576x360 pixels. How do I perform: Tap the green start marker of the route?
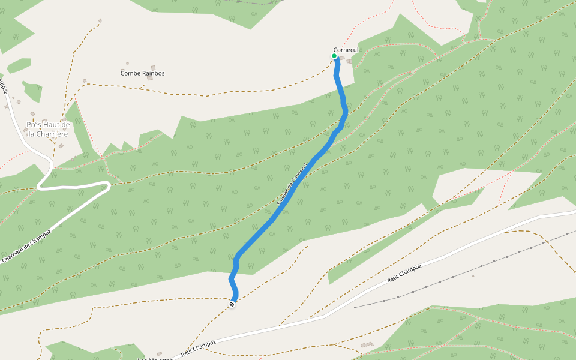pyautogui.click(x=334, y=56)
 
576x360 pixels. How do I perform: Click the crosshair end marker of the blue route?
pyautogui.click(x=232, y=305)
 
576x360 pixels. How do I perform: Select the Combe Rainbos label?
pyautogui.click(x=142, y=73)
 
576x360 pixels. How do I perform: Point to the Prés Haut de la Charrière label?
pyautogui.click(x=48, y=129)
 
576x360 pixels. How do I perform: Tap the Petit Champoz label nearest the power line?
pyautogui.click(x=404, y=274)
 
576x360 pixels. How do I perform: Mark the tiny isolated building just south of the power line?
pyautogui.click(x=473, y=276)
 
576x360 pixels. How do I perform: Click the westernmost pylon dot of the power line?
pyautogui.click(x=355, y=307)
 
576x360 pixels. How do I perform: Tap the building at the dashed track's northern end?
pyautogui.click(x=100, y=20)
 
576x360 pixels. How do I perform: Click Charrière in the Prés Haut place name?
pyautogui.click(x=52, y=134)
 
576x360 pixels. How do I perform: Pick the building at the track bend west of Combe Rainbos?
pyautogui.click(x=85, y=80)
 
